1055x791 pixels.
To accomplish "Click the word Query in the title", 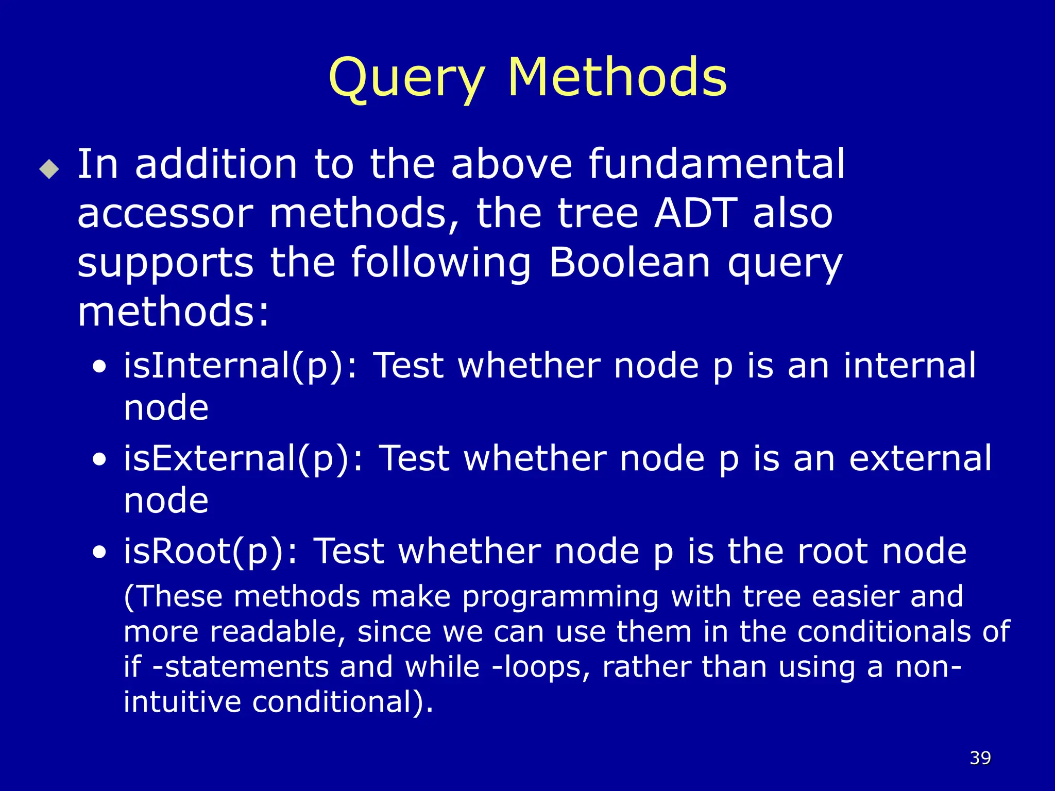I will [x=406, y=78].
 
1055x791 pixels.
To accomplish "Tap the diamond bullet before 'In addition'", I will [x=49, y=169].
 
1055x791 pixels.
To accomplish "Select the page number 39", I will [x=980, y=758].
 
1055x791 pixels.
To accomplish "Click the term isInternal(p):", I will [x=240, y=366].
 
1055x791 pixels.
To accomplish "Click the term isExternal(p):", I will [x=243, y=458].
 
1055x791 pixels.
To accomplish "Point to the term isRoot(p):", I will [x=210, y=551].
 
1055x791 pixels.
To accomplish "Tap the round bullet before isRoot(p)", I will [x=99, y=552].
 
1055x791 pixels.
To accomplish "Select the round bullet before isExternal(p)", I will [x=99, y=459].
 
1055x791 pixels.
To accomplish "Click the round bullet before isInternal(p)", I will [x=99, y=367].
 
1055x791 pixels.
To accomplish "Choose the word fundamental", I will [x=717, y=164].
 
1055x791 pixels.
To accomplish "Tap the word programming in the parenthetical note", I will [x=560, y=597].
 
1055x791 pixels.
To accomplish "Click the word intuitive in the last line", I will [x=182, y=701].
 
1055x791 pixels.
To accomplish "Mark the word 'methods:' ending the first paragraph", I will [x=174, y=312].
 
